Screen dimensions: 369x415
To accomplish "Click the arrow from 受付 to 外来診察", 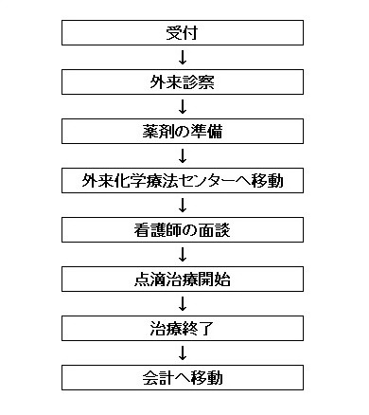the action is (182, 59).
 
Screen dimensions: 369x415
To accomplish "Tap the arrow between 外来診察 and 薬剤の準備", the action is (182, 106).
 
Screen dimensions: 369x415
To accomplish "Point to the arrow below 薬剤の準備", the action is (182, 154).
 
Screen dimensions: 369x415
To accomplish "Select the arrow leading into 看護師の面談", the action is (182, 204).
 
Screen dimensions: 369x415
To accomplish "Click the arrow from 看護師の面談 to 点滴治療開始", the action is (182, 253).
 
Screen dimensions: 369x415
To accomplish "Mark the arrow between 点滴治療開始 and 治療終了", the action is (182, 302).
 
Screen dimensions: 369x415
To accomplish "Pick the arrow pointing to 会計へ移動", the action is (182, 352).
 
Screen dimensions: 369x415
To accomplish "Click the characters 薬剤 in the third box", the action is (147, 130).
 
